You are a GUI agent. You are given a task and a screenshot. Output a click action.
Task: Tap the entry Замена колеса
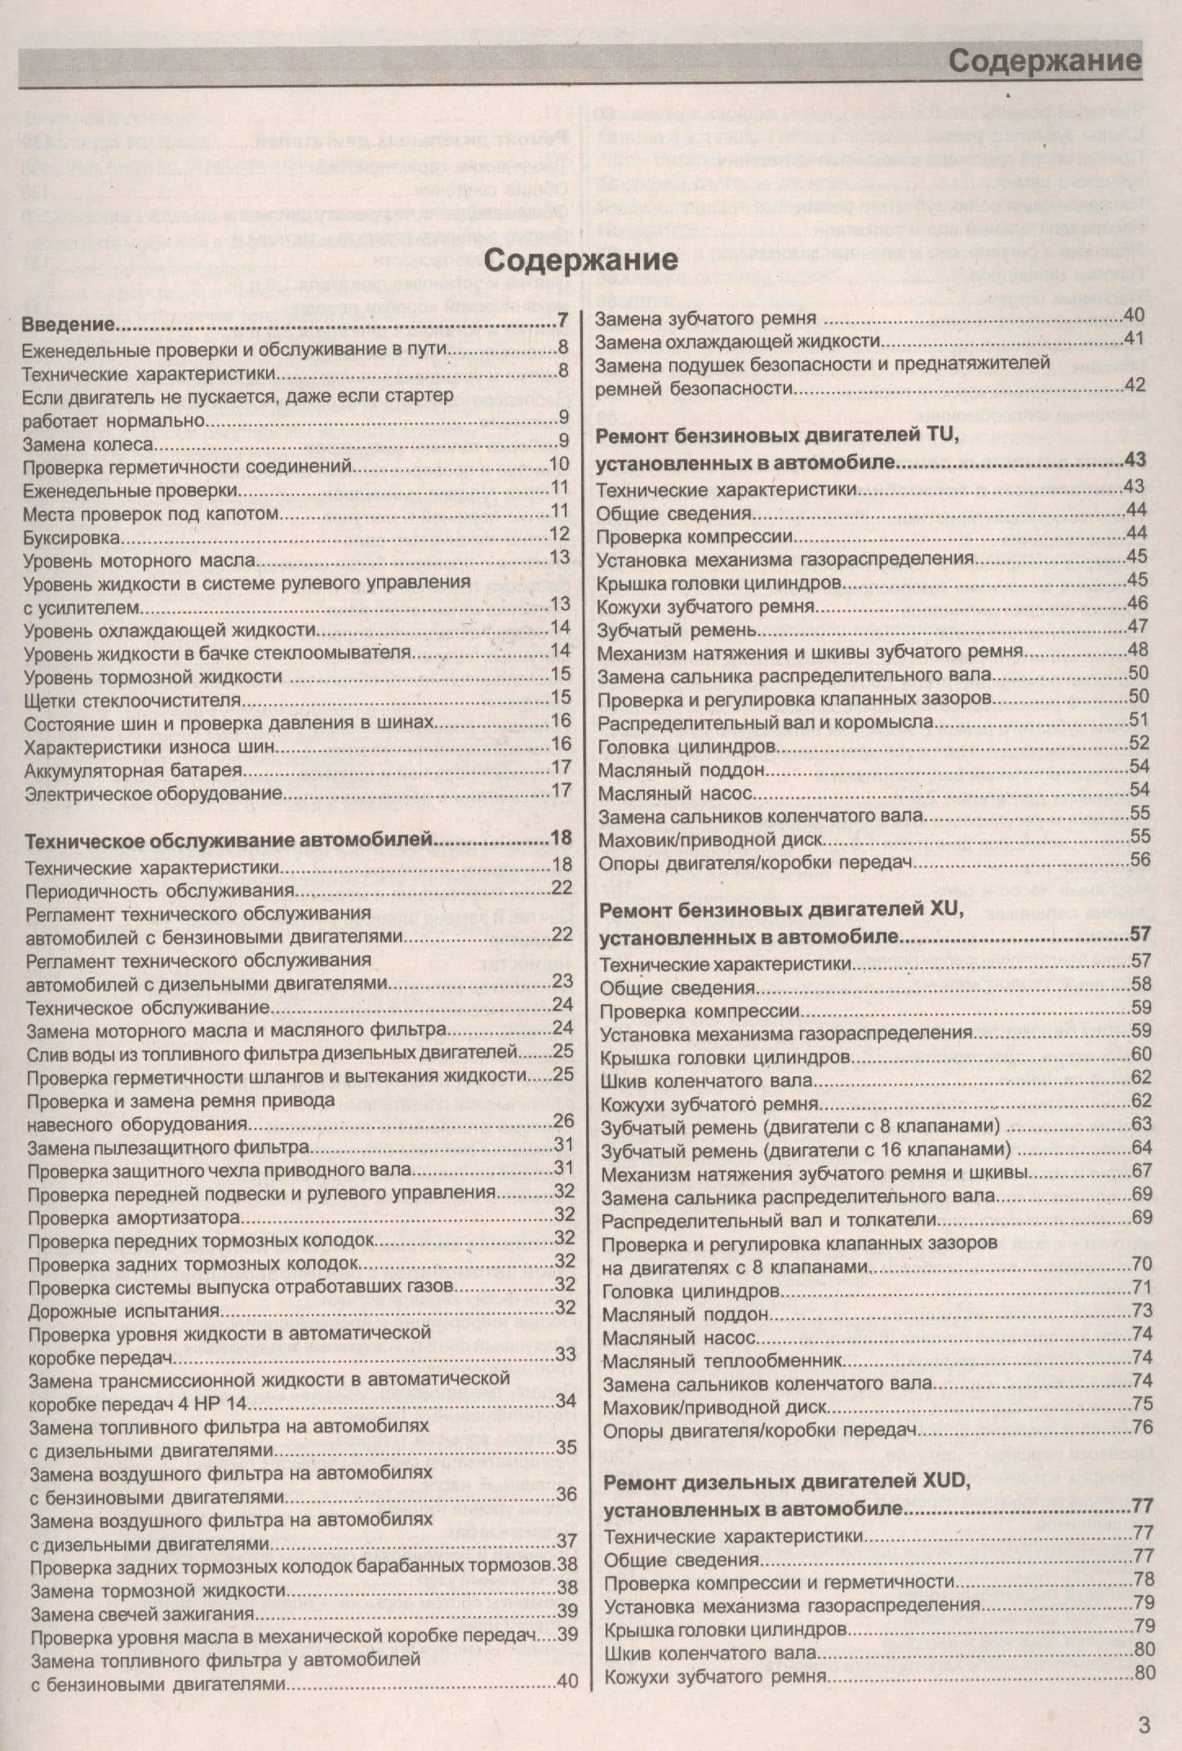point(88,443)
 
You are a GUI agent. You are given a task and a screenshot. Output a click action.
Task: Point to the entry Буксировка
point(73,537)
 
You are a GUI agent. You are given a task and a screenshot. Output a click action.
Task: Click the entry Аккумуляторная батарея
point(134,769)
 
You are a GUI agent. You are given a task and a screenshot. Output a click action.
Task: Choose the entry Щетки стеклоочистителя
point(132,700)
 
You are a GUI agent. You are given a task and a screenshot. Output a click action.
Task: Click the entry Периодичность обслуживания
point(159,889)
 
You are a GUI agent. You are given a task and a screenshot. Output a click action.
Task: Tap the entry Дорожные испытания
point(124,1311)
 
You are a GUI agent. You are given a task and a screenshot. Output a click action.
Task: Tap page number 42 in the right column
point(1135,385)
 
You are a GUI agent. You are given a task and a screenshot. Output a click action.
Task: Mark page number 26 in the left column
point(563,1121)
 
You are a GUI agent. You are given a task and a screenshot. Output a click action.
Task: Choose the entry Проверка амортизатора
point(133,1218)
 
